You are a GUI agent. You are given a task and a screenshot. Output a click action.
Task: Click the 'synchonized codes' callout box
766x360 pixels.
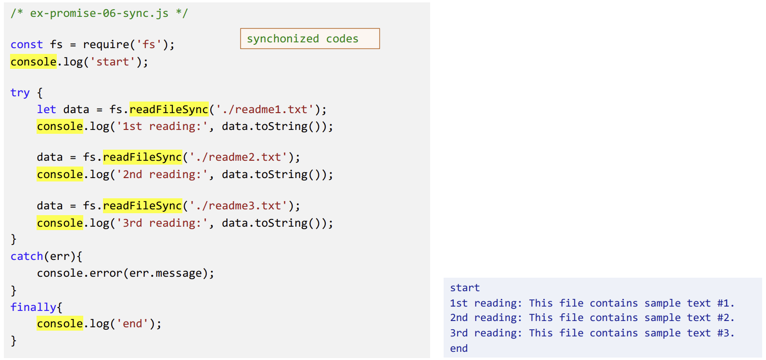tap(310, 39)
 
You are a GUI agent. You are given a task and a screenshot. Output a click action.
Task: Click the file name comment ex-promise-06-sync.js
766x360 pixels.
tap(99, 13)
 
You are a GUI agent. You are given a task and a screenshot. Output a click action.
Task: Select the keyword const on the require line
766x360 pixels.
tap(26, 44)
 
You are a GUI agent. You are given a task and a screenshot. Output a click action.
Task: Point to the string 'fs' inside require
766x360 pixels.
tap(149, 44)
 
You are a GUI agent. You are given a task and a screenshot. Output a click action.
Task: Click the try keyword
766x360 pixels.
tap(20, 92)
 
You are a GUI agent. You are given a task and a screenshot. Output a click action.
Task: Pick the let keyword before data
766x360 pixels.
tap(46, 109)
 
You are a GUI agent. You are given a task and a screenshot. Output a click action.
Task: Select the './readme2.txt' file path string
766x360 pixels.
tap(238, 157)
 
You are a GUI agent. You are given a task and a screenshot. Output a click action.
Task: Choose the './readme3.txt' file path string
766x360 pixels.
tap(238, 206)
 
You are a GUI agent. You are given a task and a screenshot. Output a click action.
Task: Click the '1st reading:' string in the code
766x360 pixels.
tap(162, 126)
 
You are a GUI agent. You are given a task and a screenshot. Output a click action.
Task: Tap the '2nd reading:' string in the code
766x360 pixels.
tap(162, 174)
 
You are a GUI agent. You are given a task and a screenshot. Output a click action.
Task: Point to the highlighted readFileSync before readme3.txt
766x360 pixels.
tap(142, 206)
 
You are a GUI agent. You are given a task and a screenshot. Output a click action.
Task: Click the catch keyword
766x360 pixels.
tap(27, 256)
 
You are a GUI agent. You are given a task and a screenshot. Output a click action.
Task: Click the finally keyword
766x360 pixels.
tap(33, 307)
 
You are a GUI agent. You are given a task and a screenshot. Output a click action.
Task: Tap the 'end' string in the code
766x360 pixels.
tap(132, 323)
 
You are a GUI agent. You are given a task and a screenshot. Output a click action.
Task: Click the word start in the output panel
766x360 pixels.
tap(465, 288)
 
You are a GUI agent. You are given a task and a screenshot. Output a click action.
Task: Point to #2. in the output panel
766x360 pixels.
tap(726, 318)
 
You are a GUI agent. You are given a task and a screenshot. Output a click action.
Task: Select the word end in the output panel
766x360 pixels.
tap(459, 348)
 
